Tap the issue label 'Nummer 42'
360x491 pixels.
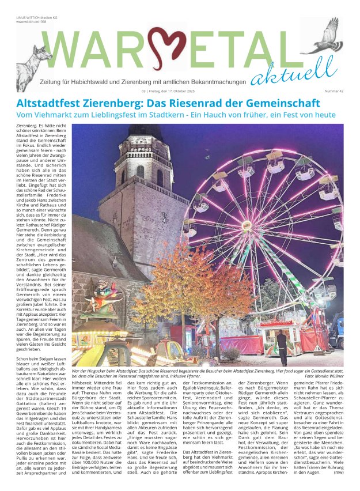(334, 91)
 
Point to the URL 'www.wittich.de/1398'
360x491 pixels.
(31, 21)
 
